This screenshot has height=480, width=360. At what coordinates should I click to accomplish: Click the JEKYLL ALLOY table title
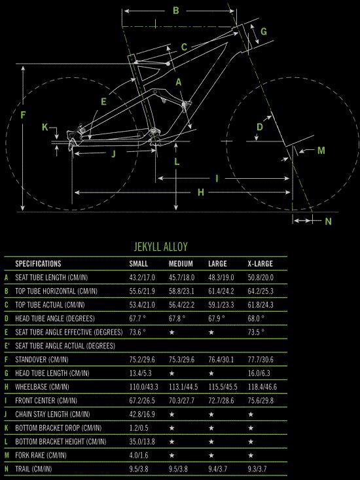[160, 246]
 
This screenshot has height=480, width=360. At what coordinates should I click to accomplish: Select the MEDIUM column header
[181, 263]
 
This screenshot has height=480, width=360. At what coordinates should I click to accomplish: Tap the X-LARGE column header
[261, 263]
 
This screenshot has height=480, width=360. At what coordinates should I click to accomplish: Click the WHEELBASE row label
[42, 386]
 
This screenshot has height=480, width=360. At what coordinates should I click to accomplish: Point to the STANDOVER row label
[42, 360]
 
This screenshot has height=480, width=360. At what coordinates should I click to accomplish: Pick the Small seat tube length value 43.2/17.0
[142, 278]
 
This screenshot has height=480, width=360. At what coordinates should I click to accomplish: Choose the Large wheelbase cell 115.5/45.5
[223, 386]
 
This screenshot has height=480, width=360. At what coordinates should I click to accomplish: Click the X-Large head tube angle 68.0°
[256, 318]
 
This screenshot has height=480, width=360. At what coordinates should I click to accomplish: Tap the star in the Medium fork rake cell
[171, 455]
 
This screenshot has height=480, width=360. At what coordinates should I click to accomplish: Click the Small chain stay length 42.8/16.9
[142, 414]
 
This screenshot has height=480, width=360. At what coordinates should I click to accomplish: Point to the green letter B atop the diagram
[175, 10]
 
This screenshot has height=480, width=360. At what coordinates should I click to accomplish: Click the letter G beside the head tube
[264, 31]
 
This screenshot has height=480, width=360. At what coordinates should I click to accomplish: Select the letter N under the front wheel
[328, 221]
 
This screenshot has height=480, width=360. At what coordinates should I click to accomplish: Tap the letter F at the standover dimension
[23, 115]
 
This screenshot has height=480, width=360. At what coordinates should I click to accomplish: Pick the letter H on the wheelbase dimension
[201, 193]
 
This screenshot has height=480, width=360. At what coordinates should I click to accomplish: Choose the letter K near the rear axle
[45, 127]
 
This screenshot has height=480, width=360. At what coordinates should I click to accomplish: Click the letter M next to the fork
[321, 151]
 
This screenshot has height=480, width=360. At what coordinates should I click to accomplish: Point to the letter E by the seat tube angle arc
[103, 102]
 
